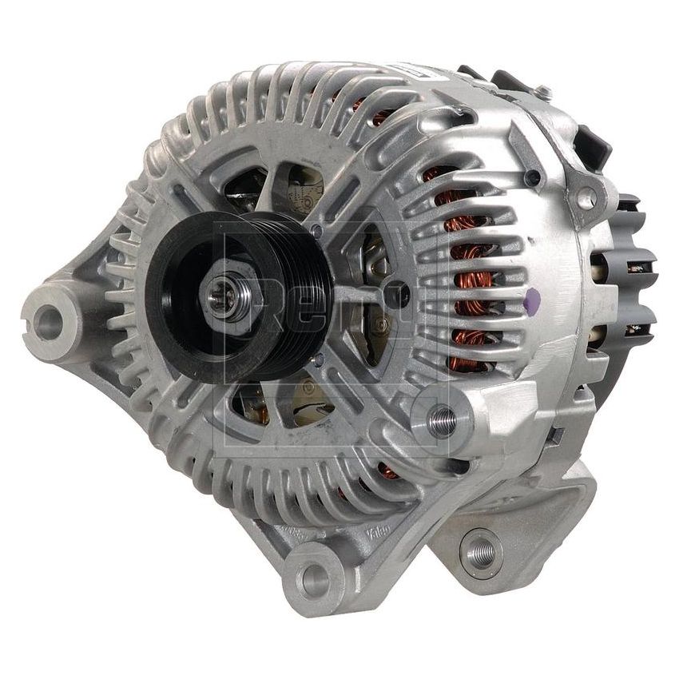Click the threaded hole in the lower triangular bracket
point(481,549)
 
